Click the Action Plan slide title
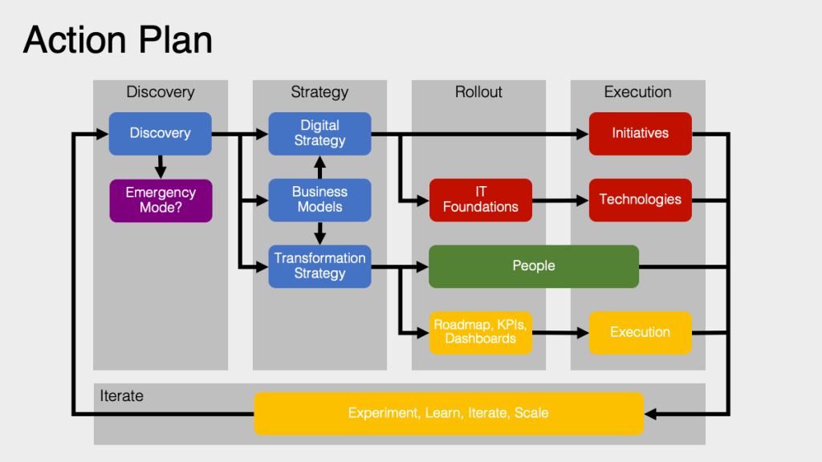(x=118, y=39)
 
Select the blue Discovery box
(x=161, y=133)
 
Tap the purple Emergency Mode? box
(x=161, y=200)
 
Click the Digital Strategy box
(x=319, y=133)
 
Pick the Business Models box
(x=319, y=200)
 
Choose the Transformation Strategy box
(x=319, y=266)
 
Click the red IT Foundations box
(x=480, y=200)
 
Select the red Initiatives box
(x=640, y=133)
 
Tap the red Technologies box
(x=640, y=200)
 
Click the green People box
(x=534, y=266)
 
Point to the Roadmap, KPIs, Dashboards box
(x=480, y=332)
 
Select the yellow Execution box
(x=640, y=332)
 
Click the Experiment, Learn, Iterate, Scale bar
(x=449, y=413)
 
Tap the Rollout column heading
(x=478, y=92)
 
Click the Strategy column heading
(x=319, y=92)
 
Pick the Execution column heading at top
(x=637, y=92)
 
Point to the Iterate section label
(x=122, y=395)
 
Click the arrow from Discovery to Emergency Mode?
(x=161, y=167)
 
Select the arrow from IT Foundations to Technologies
(x=560, y=200)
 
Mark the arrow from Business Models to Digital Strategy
(x=319, y=167)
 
